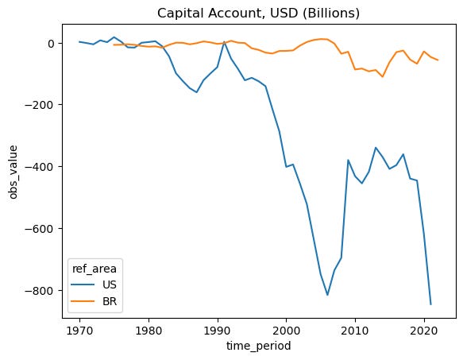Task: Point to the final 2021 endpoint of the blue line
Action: [x=431, y=304]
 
